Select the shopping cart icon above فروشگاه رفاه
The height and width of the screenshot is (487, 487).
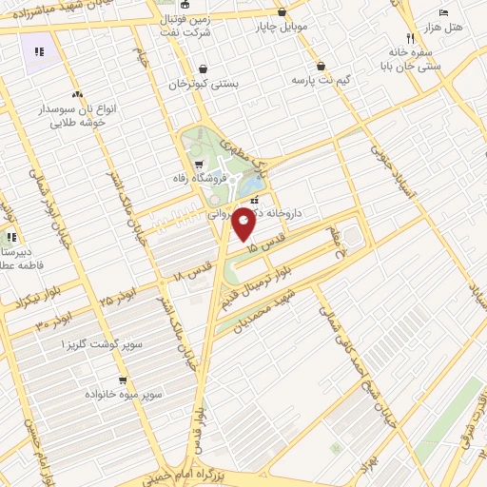point(199,166)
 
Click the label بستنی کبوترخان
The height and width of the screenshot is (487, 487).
point(202,85)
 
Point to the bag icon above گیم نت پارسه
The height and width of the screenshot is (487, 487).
point(321,67)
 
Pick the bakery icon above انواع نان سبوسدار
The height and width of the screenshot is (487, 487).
point(76,94)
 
